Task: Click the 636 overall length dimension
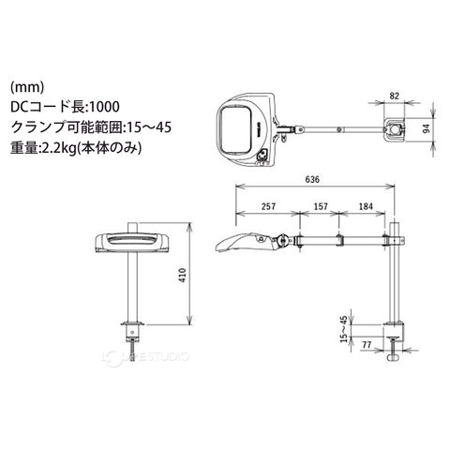pyautogui.click(x=312, y=179)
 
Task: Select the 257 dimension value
pyautogui.click(x=269, y=206)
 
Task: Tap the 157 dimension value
pyautogui.click(x=321, y=206)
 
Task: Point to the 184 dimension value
pyautogui.click(x=366, y=206)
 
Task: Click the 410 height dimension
pyautogui.click(x=184, y=276)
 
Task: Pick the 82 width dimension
pyautogui.click(x=395, y=96)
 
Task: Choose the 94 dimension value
pyautogui.click(x=427, y=128)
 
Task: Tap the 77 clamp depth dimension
pyautogui.click(x=367, y=345)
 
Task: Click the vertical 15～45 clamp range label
pyautogui.click(x=344, y=329)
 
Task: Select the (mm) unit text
pyautogui.click(x=27, y=87)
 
